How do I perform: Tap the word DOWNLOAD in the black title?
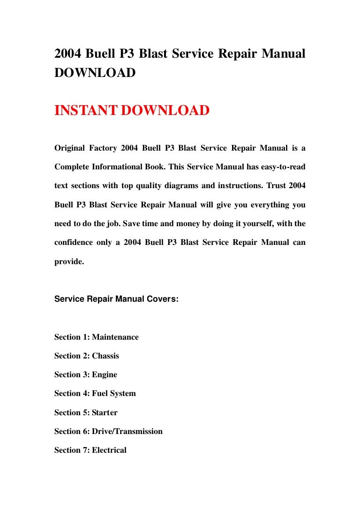(x=95, y=73)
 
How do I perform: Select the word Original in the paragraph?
(x=71, y=148)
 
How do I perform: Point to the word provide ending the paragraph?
(x=68, y=262)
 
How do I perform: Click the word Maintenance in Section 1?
(x=115, y=337)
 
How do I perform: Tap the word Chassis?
(x=105, y=356)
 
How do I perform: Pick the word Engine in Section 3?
(x=105, y=375)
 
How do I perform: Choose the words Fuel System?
(x=114, y=394)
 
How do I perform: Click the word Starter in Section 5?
(x=105, y=413)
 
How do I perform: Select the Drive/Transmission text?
(x=127, y=432)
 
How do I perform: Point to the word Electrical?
(x=109, y=450)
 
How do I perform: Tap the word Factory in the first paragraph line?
(x=103, y=148)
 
